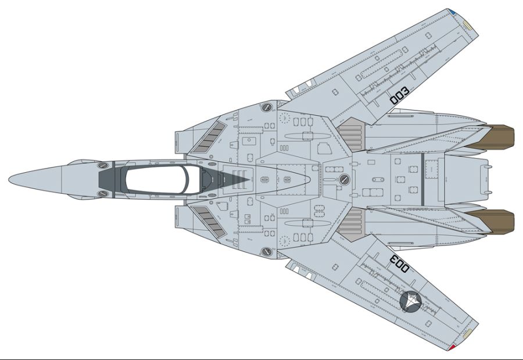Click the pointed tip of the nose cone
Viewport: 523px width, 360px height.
(10, 179)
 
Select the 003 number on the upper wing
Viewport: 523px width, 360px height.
(400, 96)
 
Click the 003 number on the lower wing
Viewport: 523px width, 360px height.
(400, 263)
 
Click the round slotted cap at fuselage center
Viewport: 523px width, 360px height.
(345, 179)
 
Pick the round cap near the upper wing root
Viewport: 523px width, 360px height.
(267, 108)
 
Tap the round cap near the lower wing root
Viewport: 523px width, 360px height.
(267, 252)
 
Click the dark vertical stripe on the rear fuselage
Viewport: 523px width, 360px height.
(421, 179)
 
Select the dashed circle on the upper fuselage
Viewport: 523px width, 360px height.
(284, 117)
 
